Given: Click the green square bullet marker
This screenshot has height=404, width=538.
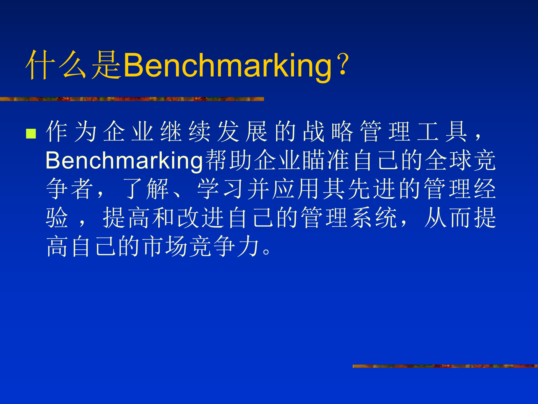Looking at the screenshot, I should coord(31,134).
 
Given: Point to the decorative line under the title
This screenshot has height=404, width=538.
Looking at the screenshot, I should coord(132,99).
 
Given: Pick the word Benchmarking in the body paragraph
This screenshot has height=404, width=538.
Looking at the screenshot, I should coord(124,160).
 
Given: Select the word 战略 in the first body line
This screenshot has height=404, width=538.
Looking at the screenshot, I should coord(328,131).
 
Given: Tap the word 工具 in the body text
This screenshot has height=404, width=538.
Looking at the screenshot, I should coord(442,131).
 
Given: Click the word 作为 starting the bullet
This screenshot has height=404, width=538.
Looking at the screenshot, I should coord(71,131).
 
